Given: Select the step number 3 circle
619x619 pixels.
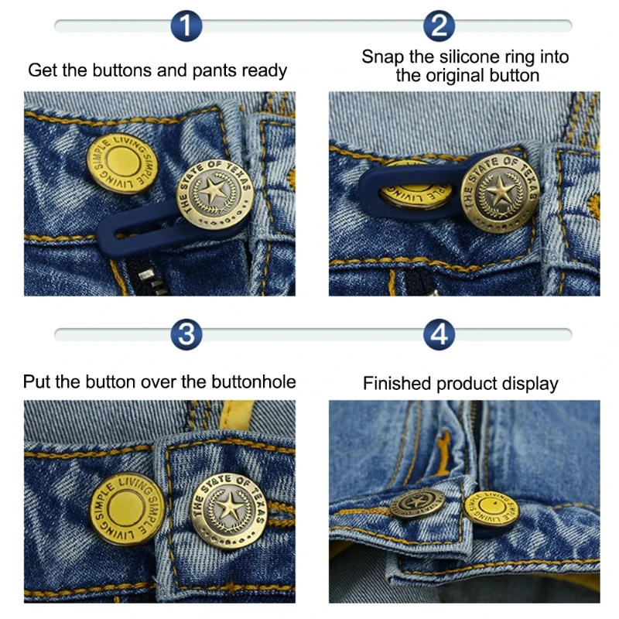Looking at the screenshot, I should [186, 335].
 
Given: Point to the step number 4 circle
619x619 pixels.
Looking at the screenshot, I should [439, 335].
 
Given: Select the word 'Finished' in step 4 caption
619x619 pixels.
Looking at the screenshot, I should [397, 384].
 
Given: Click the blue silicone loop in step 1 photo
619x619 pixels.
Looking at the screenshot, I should [132, 228].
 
